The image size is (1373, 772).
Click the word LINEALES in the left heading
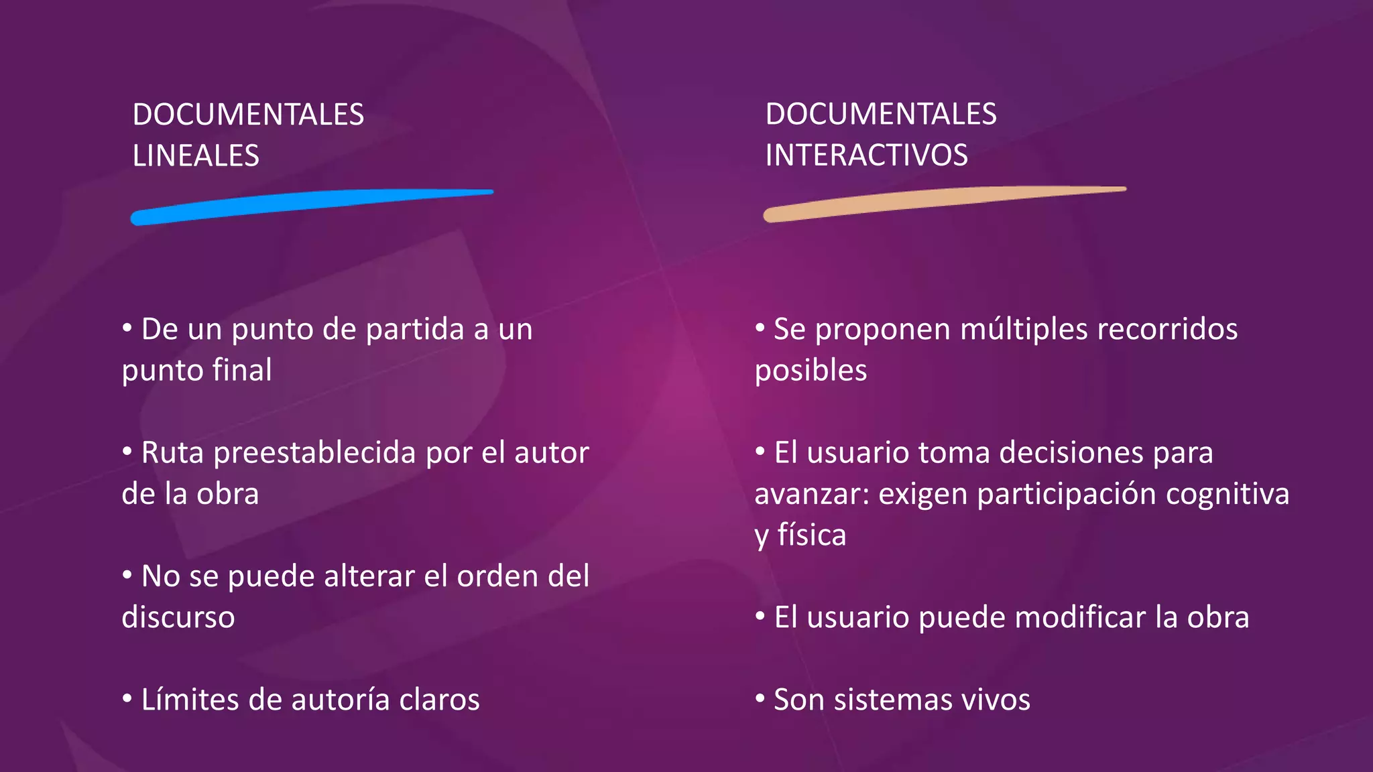tap(196, 156)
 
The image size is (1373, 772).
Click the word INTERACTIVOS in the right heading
tap(866, 155)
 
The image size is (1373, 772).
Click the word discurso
tap(178, 617)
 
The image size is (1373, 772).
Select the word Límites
tap(190, 700)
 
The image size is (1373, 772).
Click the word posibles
tap(811, 371)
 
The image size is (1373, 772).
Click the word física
tap(812, 535)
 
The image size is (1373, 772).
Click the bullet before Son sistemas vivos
tap(760, 698)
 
